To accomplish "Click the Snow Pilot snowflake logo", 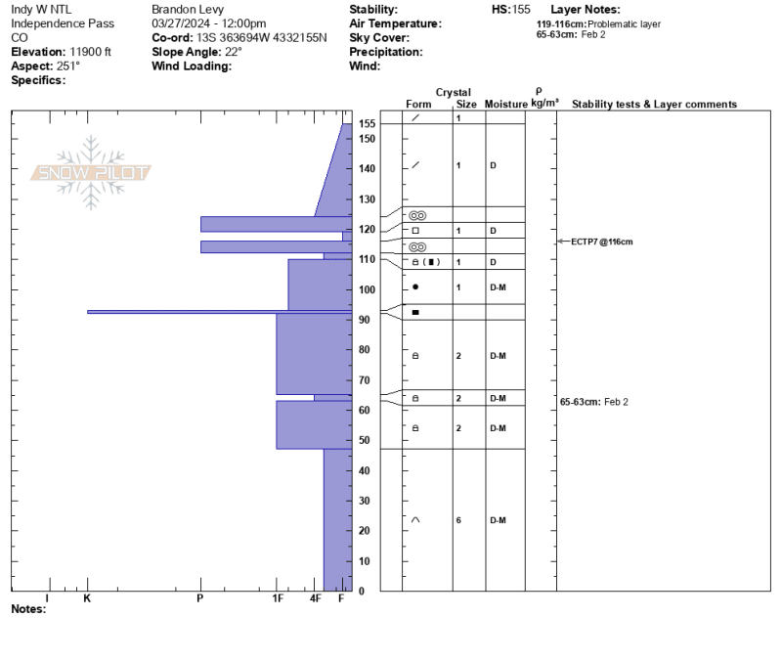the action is pos(91,173).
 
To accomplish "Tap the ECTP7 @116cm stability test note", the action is pos(601,242).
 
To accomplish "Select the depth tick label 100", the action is pos(368,289).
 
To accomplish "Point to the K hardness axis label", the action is pos(87,598).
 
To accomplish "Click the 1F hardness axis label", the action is pos(278,598).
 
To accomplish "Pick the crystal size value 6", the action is pos(458,520).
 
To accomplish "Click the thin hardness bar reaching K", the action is pos(219,312).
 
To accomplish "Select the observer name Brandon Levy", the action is pos(188,10).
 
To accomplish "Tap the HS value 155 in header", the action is pos(521,10).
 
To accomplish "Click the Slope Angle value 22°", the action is pos(233,52).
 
